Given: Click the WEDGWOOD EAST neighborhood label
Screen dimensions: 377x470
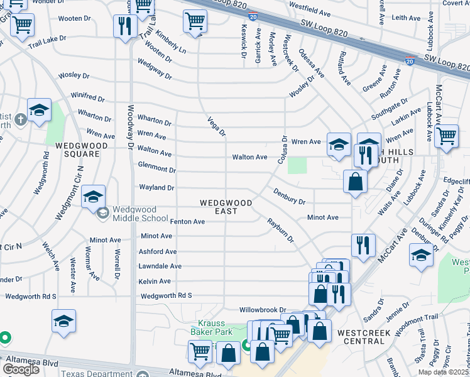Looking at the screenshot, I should click(226, 207).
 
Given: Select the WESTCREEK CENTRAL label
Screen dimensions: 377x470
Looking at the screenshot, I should click(369, 337).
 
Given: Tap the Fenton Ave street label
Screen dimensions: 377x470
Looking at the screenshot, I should click(187, 222).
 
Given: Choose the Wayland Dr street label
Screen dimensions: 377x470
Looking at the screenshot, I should click(156, 188).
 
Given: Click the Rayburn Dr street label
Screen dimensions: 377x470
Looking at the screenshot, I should click(280, 230).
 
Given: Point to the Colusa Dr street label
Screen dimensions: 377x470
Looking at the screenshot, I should click(282, 150).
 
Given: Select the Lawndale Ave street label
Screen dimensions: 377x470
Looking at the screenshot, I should click(160, 266).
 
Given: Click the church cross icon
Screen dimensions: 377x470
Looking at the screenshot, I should click(20, 119).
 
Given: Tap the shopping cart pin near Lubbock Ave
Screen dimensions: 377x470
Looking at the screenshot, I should click(446, 135).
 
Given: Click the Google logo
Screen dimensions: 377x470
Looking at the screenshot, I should click(21, 369).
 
